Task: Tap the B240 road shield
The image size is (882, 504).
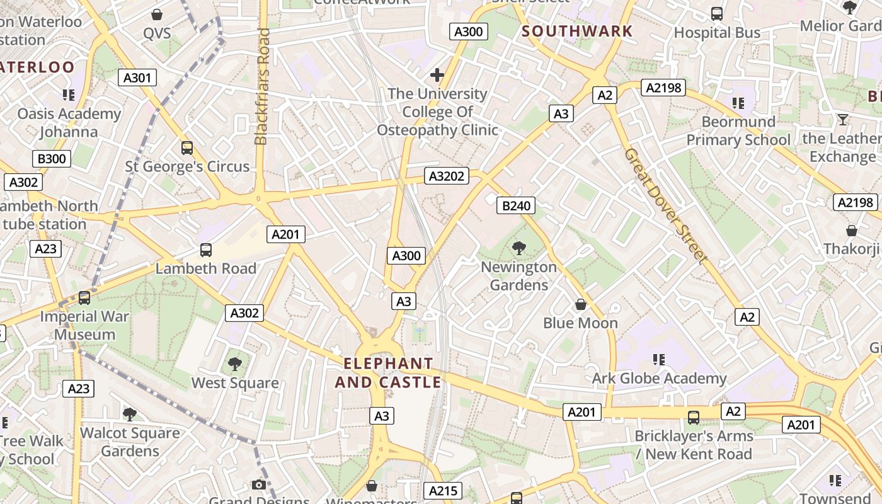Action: pyautogui.click(x=516, y=205)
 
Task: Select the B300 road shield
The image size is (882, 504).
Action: pyautogui.click(x=52, y=159)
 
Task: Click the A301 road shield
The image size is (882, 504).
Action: pyautogui.click(x=137, y=78)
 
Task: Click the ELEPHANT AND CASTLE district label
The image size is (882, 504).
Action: pyautogui.click(x=388, y=373)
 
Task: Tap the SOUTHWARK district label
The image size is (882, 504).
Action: pyautogui.click(x=577, y=31)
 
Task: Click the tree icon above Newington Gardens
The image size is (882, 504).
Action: pyautogui.click(x=518, y=248)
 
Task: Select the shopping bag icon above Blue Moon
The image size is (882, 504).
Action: pyautogui.click(x=581, y=305)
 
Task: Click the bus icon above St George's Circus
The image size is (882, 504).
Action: pyautogui.click(x=187, y=148)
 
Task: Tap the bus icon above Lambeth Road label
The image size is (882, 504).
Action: pyautogui.click(x=206, y=250)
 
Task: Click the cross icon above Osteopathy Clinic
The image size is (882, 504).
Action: pyautogui.click(x=437, y=76)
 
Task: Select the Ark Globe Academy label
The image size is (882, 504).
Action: pyautogui.click(x=659, y=379)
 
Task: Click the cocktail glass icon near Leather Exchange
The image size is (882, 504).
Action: pyautogui.click(x=843, y=120)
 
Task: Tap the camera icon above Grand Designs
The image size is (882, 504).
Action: pyautogui.click(x=258, y=484)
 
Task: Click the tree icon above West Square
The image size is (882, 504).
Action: pyautogui.click(x=235, y=364)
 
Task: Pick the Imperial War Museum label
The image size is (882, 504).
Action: pyautogui.click(x=84, y=326)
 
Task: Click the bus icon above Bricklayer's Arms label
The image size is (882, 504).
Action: pyautogui.click(x=694, y=417)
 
